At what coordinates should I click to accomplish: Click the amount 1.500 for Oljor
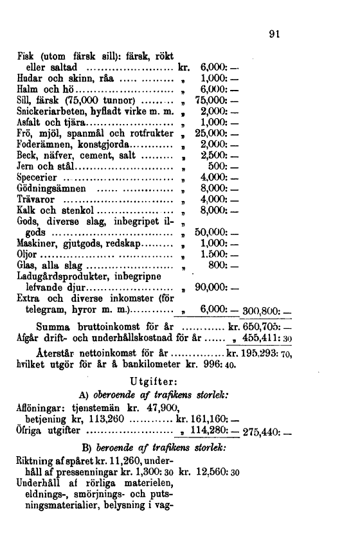pos(215,253)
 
